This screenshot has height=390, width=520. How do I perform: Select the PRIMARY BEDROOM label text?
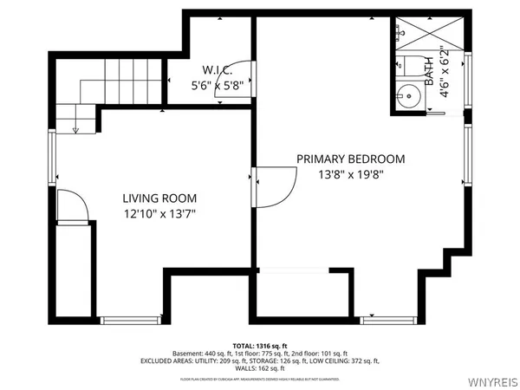coord(351,159)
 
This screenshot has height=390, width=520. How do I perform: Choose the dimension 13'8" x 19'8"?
coord(351,173)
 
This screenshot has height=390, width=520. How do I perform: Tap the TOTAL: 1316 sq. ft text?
coord(259,344)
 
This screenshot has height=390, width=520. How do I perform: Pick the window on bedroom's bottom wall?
coord(387,320)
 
